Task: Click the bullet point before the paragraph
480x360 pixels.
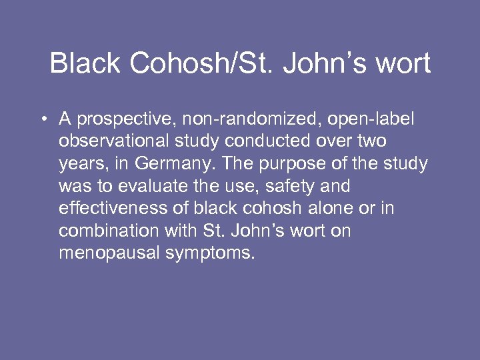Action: (x=42, y=119)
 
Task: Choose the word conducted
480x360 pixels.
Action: (x=267, y=141)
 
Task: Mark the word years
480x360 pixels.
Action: (x=78, y=165)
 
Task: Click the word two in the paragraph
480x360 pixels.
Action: (x=371, y=142)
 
